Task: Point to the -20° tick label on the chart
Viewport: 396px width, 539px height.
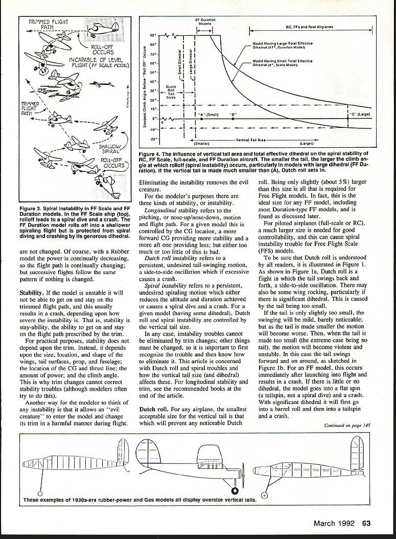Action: pyautogui.click(x=152, y=139)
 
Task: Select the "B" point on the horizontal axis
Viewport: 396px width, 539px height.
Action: pyautogui.click(x=232, y=119)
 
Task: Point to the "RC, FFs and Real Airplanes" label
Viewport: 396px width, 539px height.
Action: pyautogui.click(x=308, y=26)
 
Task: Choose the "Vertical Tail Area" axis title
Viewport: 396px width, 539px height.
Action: pyautogui.click(x=252, y=140)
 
